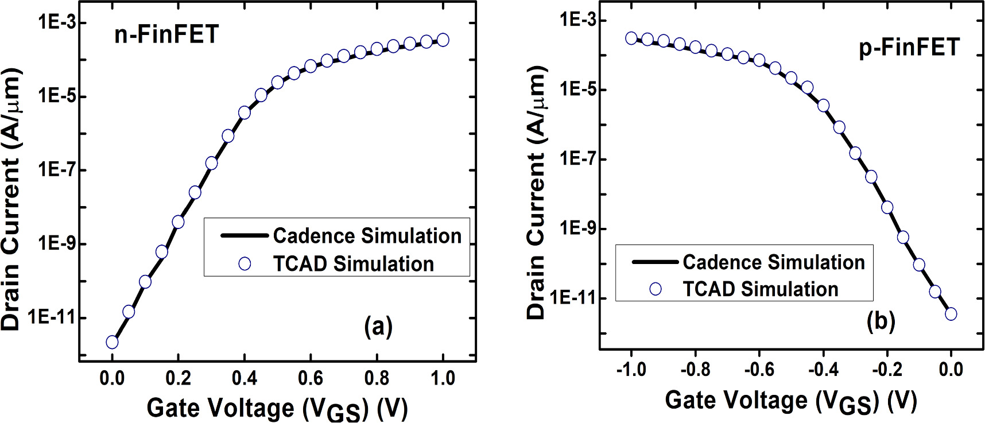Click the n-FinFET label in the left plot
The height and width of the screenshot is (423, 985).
pyautogui.click(x=166, y=34)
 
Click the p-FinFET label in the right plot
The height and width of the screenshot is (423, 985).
pyautogui.click(x=909, y=47)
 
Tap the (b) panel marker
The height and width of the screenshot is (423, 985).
pyautogui.click(x=881, y=322)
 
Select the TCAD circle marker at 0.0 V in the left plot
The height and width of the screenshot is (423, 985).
pyautogui.click(x=112, y=342)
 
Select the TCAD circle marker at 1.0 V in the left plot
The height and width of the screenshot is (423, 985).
pyautogui.click(x=443, y=40)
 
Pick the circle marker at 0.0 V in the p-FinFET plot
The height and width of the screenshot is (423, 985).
pyautogui.click(x=951, y=314)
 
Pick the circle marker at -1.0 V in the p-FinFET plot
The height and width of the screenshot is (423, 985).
pyautogui.click(x=631, y=38)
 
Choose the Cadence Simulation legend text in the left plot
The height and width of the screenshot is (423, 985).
pyautogui.click(x=367, y=235)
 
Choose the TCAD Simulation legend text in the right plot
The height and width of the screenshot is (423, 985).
pyautogui.click(x=760, y=289)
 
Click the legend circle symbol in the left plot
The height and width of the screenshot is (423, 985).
pyautogui.click(x=245, y=263)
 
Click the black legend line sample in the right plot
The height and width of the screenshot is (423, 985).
pyautogui.click(x=655, y=262)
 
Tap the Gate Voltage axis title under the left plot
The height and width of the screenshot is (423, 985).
pyautogui.click(x=277, y=408)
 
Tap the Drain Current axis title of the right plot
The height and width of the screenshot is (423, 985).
pyautogui.click(x=536, y=193)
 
